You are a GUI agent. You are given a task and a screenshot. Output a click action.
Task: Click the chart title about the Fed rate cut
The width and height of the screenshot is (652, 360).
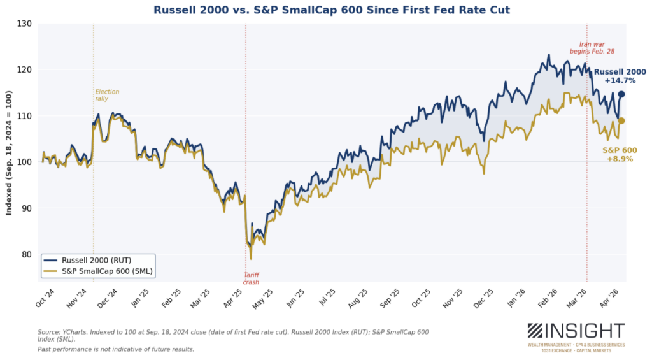332,10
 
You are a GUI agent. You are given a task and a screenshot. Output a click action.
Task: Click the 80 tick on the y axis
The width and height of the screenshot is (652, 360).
27,254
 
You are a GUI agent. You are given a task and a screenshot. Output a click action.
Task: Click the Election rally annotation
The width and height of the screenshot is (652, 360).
107,95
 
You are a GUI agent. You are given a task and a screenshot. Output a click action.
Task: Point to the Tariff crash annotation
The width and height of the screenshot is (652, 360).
251,278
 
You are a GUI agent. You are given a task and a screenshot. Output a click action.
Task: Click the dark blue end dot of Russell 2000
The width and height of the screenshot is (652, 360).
621,94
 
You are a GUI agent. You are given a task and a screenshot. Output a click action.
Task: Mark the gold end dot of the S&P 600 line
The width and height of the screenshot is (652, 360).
621,120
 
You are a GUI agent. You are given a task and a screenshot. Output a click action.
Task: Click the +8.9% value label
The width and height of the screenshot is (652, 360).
618,159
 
